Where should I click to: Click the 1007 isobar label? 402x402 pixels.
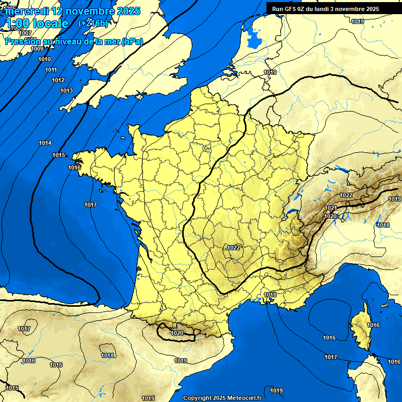click(25, 33)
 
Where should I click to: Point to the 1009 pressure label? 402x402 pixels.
click(37, 49)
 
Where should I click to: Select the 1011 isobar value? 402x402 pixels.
click(51, 70)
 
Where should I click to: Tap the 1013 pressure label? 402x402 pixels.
click(66, 91)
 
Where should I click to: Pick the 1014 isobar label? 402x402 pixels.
click(45, 143)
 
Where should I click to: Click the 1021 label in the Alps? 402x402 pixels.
click(330, 208)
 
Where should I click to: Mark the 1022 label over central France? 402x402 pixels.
click(234, 247)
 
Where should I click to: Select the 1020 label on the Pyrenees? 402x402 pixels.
click(177, 332)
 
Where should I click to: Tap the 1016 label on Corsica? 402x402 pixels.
click(373, 325)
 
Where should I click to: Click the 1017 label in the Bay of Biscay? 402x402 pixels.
click(91, 205)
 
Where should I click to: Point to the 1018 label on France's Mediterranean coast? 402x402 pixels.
click(270, 295)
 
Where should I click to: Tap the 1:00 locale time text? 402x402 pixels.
click(37, 24)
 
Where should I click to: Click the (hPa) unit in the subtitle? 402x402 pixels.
click(132, 41)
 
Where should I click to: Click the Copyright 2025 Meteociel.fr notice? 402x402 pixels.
click(222, 398)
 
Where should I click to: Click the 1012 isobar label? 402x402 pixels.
click(58, 80)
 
